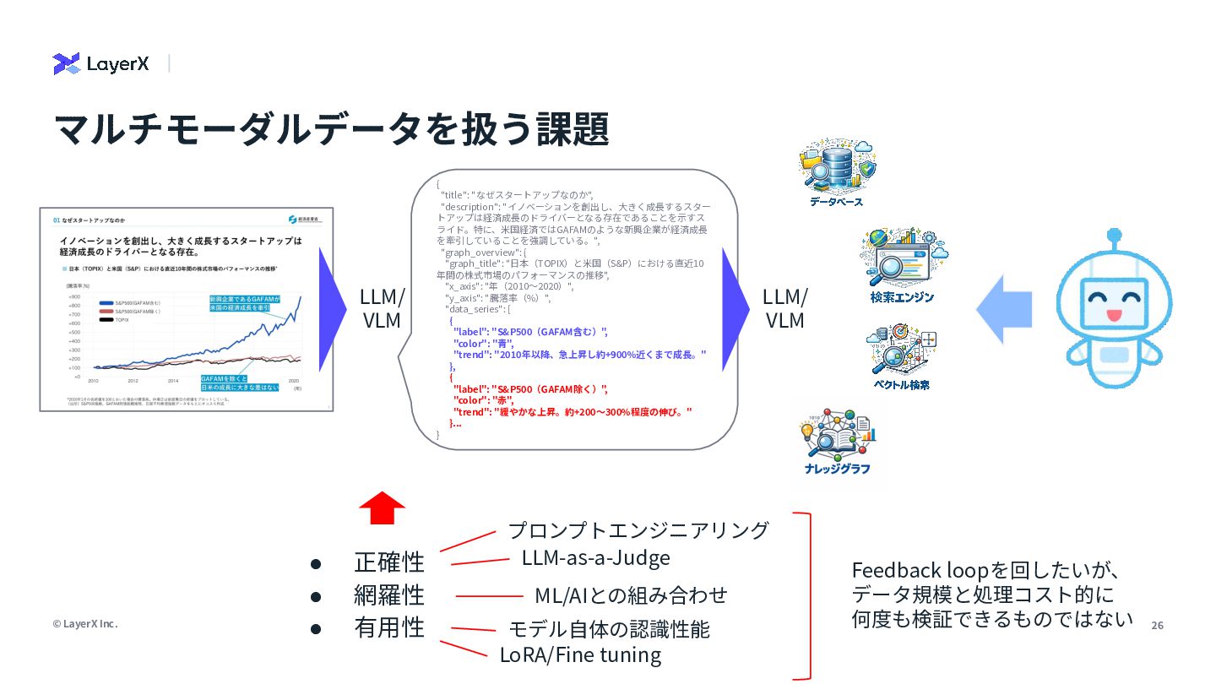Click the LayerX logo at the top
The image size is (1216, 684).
(x=100, y=63)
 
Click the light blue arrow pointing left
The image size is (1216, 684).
(x=1004, y=310)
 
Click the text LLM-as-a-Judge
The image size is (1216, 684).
(x=595, y=557)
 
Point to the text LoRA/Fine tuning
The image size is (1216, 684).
(x=580, y=654)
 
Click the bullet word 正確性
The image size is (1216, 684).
(x=389, y=562)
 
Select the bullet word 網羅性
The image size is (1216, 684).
(x=389, y=594)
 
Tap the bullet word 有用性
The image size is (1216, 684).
(x=389, y=627)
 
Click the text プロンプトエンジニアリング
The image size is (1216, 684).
(x=638, y=530)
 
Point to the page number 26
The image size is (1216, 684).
(x=1157, y=625)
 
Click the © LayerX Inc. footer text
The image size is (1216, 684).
(x=85, y=624)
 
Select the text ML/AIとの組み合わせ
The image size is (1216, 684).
(x=631, y=595)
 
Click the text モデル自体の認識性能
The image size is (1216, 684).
(x=609, y=629)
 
